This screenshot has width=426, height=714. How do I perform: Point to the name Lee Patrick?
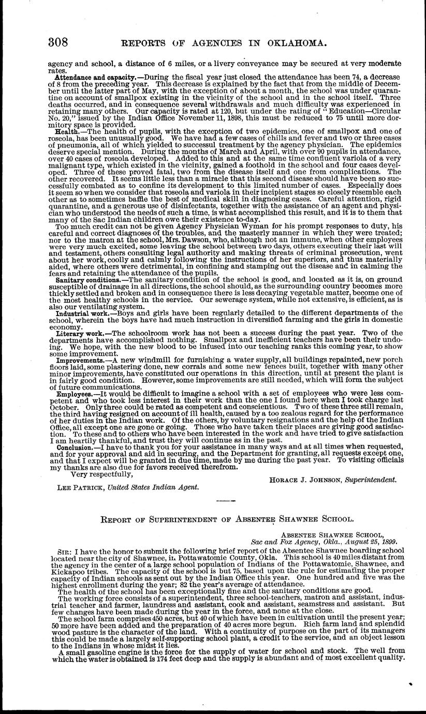pyautogui.click(x=77, y=486)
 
